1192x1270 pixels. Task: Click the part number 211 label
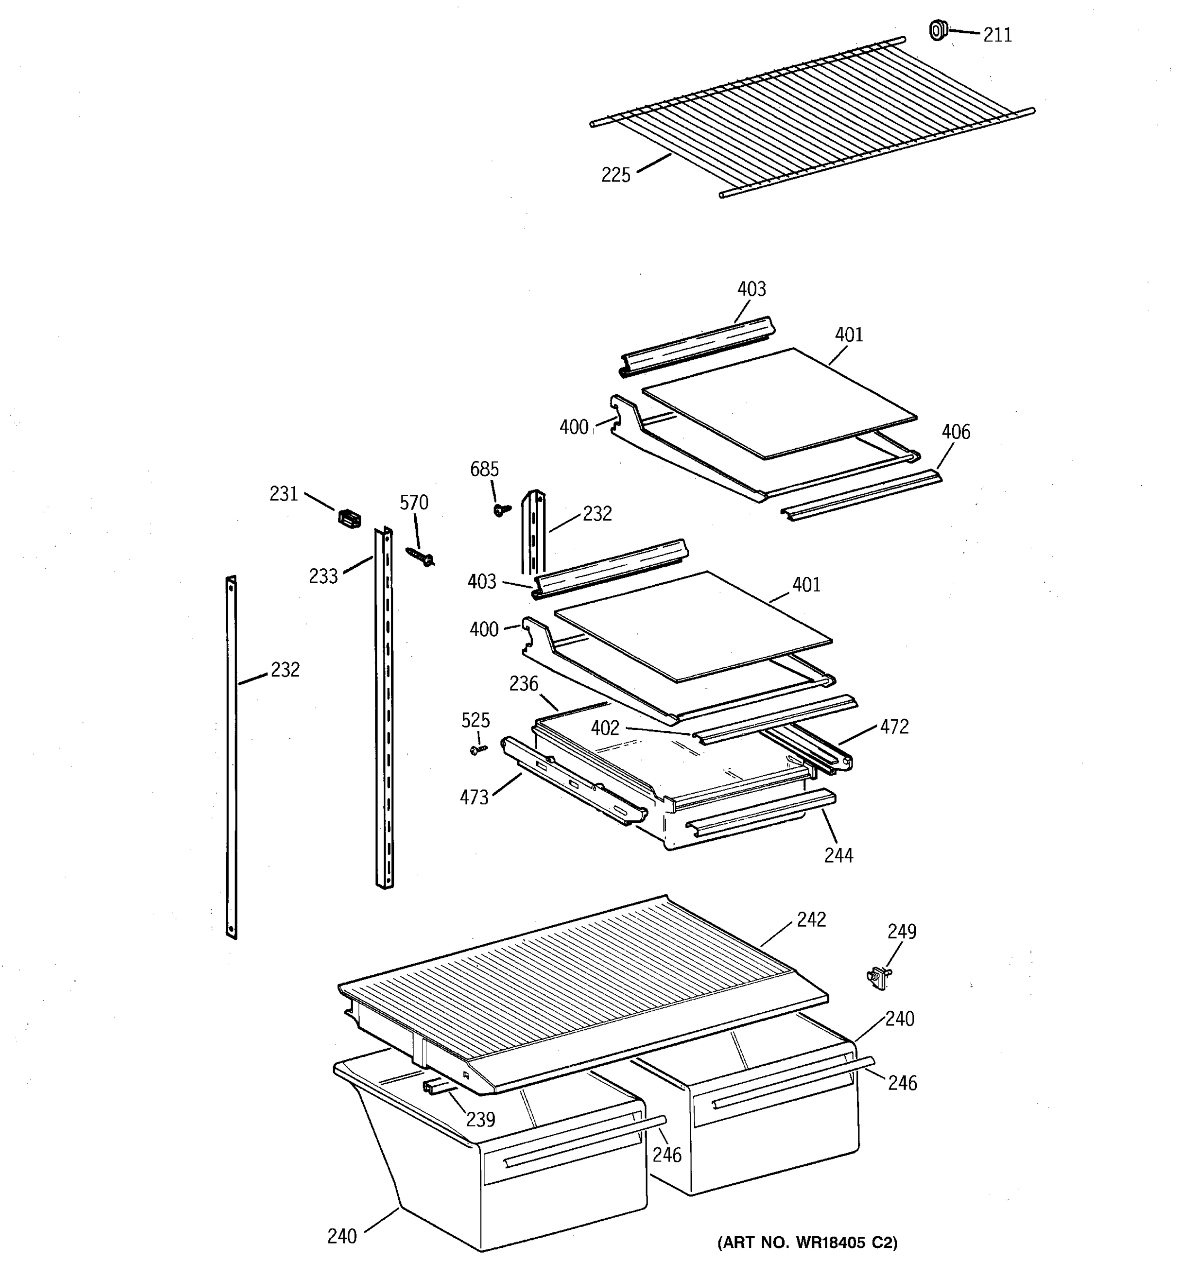click(997, 35)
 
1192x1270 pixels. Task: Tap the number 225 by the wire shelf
click(615, 175)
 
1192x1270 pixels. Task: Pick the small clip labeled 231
click(349, 518)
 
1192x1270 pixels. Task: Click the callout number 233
click(323, 576)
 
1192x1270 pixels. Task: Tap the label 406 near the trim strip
click(955, 432)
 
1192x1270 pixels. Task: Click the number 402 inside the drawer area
click(605, 728)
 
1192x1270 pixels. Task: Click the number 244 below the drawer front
click(838, 855)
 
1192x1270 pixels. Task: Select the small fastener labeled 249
click(880, 977)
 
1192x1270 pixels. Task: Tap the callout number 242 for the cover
click(811, 919)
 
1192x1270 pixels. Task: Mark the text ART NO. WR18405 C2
click(807, 1242)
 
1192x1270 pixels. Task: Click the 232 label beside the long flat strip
click(284, 669)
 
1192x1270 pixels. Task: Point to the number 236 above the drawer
click(524, 684)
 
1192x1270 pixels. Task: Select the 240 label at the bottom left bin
click(342, 1237)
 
